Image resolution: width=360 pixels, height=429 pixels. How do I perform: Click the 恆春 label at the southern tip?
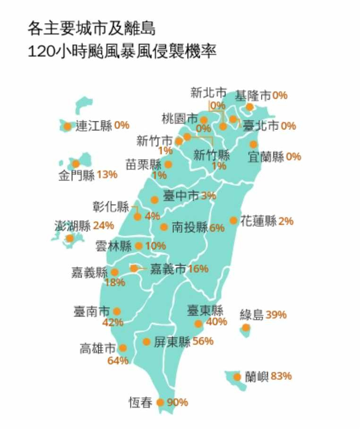(x=141, y=403)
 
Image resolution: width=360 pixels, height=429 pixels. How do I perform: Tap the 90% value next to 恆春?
(x=178, y=403)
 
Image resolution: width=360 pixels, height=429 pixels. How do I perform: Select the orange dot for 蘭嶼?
(x=237, y=377)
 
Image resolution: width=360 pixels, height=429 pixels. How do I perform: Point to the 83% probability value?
(x=281, y=377)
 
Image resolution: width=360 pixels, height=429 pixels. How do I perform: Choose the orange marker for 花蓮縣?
(x=233, y=221)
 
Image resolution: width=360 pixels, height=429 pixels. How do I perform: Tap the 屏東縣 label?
(x=172, y=342)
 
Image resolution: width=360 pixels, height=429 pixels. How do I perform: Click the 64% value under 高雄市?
(x=118, y=361)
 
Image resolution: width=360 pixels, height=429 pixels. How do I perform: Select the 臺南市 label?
(x=92, y=311)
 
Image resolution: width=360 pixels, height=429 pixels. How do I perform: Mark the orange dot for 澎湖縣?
(x=70, y=238)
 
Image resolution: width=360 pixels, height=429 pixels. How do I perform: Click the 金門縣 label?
(x=77, y=176)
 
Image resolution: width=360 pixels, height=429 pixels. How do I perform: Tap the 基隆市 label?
(x=253, y=95)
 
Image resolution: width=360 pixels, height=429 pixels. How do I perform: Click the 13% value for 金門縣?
(x=107, y=175)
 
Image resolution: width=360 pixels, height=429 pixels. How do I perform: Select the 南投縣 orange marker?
(x=164, y=227)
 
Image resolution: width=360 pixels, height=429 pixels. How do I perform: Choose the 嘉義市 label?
(x=168, y=269)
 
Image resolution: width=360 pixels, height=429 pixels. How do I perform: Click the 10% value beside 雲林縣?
(x=156, y=246)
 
